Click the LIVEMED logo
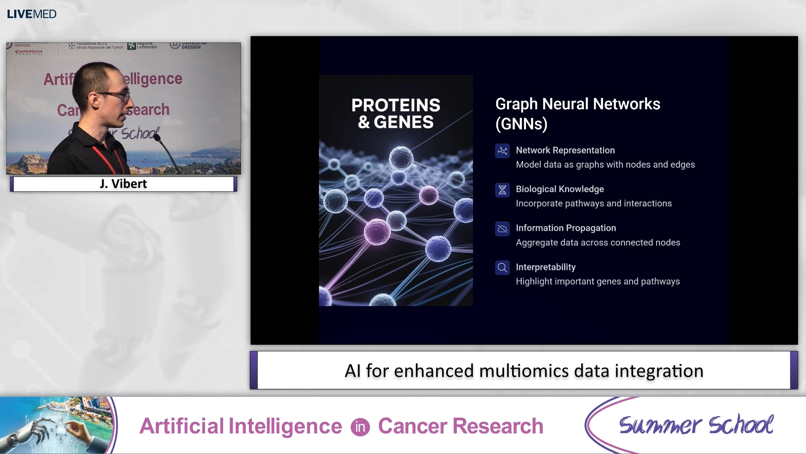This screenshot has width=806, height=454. [x=31, y=14]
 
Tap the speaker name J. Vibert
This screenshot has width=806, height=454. [x=123, y=184]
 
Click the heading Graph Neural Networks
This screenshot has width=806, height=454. [x=578, y=104]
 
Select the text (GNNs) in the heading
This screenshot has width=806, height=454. [x=521, y=124]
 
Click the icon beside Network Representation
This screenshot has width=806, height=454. [x=502, y=151]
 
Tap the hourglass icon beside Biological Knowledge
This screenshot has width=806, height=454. [x=502, y=190]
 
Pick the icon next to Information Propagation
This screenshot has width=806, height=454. [x=502, y=229]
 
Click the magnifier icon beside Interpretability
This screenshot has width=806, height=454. [x=502, y=267]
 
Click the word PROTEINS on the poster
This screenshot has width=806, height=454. [x=395, y=105]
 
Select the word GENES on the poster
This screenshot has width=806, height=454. [x=403, y=122]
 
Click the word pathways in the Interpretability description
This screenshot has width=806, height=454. [x=660, y=281]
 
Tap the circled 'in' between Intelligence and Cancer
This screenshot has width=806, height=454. [x=360, y=427]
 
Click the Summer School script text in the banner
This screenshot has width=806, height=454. [x=696, y=425]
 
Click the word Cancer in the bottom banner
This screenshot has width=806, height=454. [x=413, y=426]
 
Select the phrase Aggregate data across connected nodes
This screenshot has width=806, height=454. [x=598, y=243]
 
